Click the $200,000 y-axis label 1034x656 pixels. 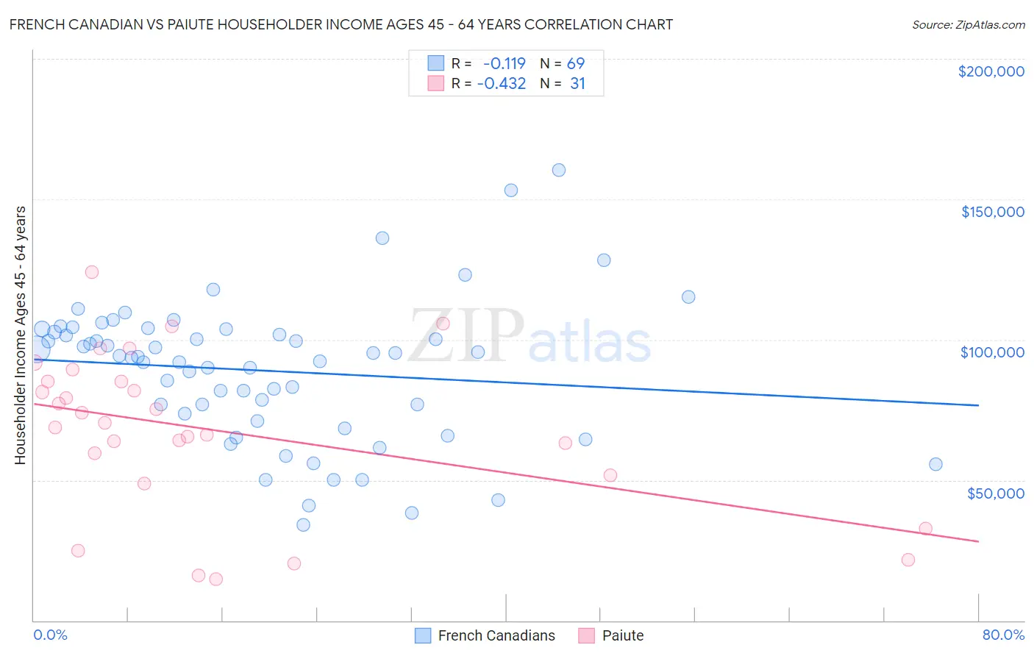tap(991, 71)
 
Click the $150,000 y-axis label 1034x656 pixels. tap(992, 212)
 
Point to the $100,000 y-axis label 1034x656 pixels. tap(992, 352)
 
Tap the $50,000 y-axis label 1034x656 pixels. tap(995, 493)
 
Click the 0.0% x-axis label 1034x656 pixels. tap(50, 635)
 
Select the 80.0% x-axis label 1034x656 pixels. tap(1003, 635)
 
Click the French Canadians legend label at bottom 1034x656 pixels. tap(496, 635)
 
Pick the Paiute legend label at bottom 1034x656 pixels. tap(622, 635)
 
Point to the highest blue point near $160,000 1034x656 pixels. tap(559, 170)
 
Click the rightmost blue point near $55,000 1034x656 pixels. tap(935, 464)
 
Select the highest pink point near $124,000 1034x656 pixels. tap(92, 272)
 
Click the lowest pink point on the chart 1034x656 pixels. tap(215, 580)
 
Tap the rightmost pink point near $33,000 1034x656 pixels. tap(925, 529)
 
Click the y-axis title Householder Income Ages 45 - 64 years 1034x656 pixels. tap(21, 335)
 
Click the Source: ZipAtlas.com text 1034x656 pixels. tap(968, 25)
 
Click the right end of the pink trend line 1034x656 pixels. tap(978, 541)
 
